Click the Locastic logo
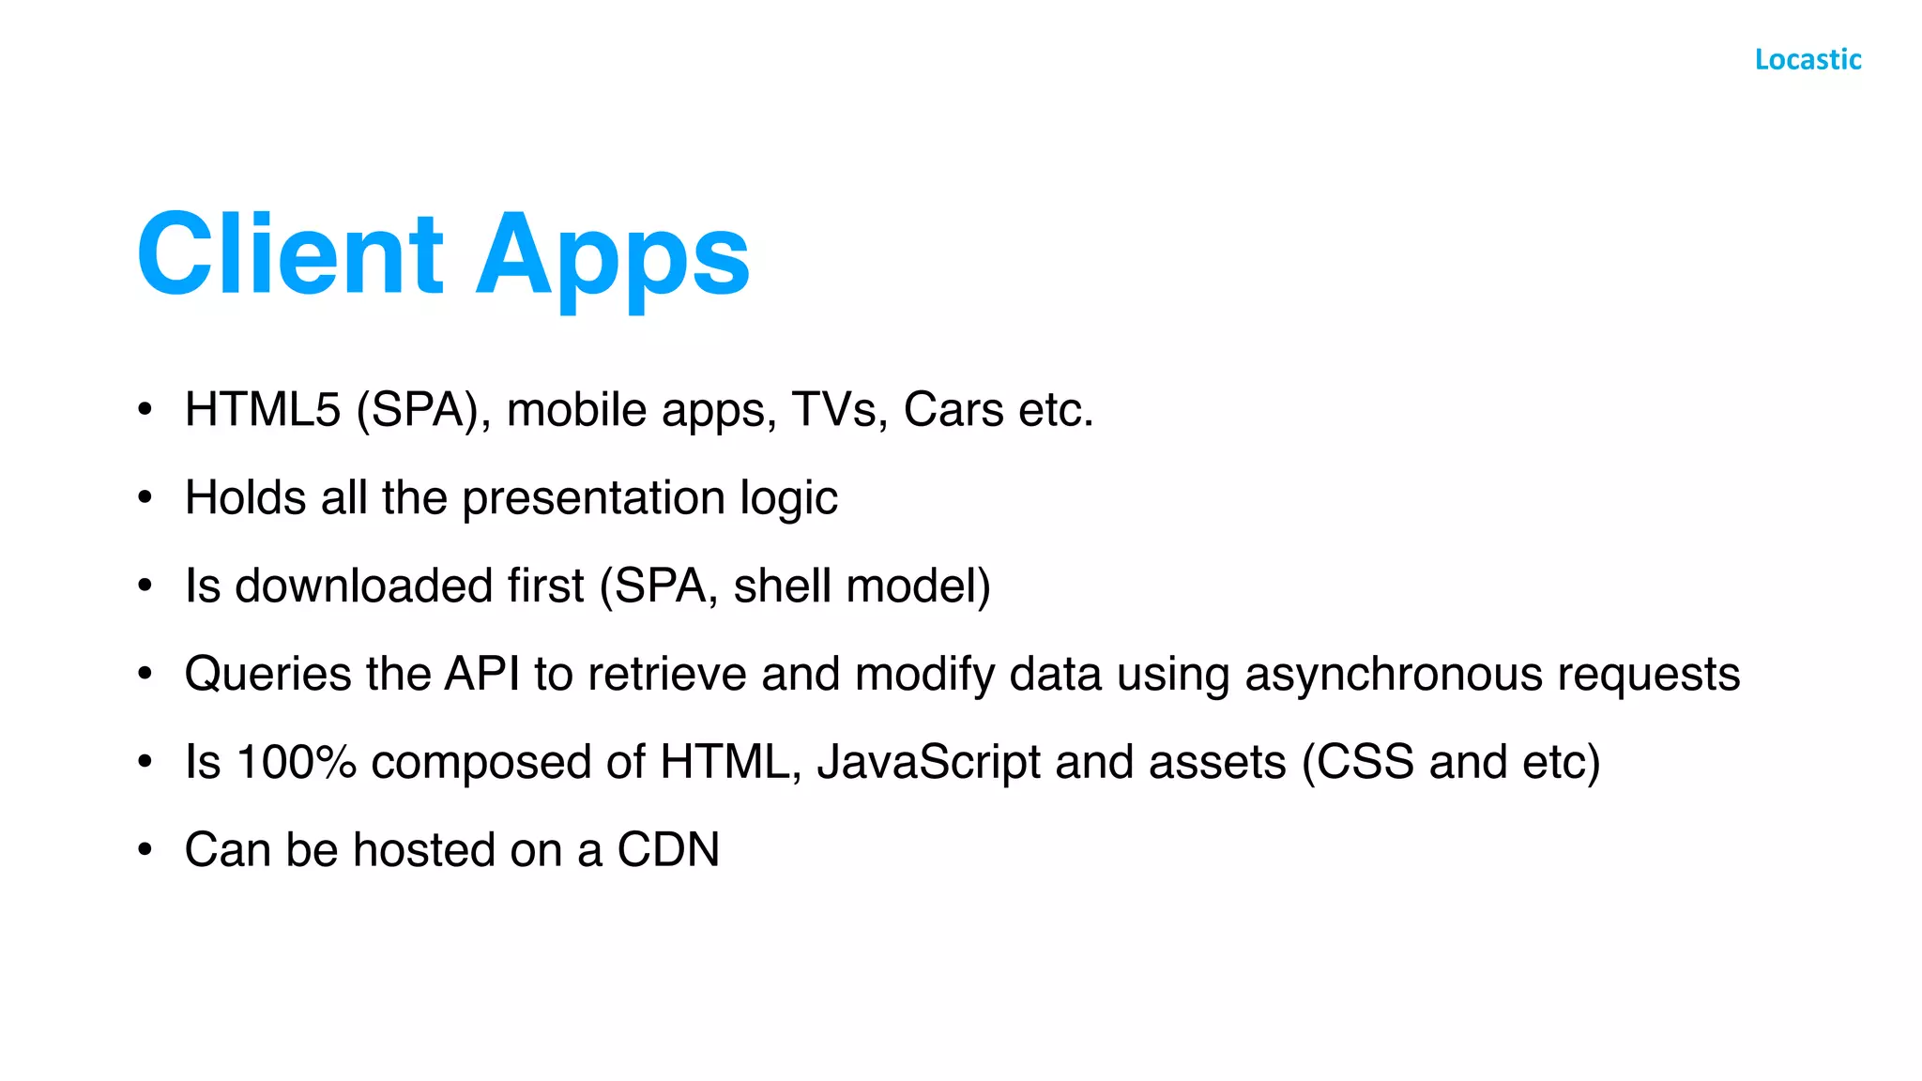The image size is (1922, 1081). click(1808, 60)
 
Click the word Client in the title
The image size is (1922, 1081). click(290, 254)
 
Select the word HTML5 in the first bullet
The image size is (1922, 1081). click(262, 410)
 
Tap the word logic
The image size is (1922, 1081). click(788, 498)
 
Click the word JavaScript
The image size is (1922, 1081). click(928, 762)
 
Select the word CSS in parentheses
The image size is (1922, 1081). click(1365, 762)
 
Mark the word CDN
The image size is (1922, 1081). click(668, 850)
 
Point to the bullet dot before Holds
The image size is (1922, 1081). click(145, 498)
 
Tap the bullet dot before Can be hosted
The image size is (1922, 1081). click(145, 850)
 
